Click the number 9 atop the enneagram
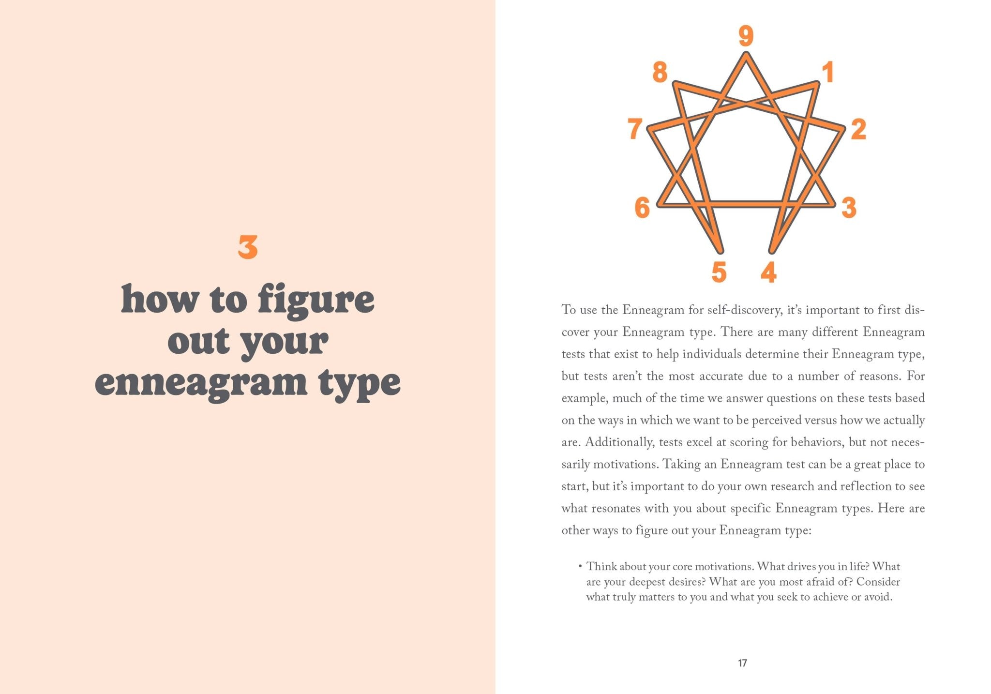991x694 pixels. (x=746, y=36)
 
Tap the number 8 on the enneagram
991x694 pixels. (x=660, y=73)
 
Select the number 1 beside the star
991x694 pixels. (x=828, y=73)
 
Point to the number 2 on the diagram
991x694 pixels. (x=858, y=129)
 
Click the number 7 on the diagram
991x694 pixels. (x=635, y=129)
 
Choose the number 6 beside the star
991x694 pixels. (x=642, y=208)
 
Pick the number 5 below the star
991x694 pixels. (x=719, y=272)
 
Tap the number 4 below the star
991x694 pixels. (x=768, y=272)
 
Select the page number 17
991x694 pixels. (x=742, y=663)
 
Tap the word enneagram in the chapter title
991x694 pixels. (x=201, y=383)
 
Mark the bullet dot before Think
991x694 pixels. (x=579, y=566)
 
